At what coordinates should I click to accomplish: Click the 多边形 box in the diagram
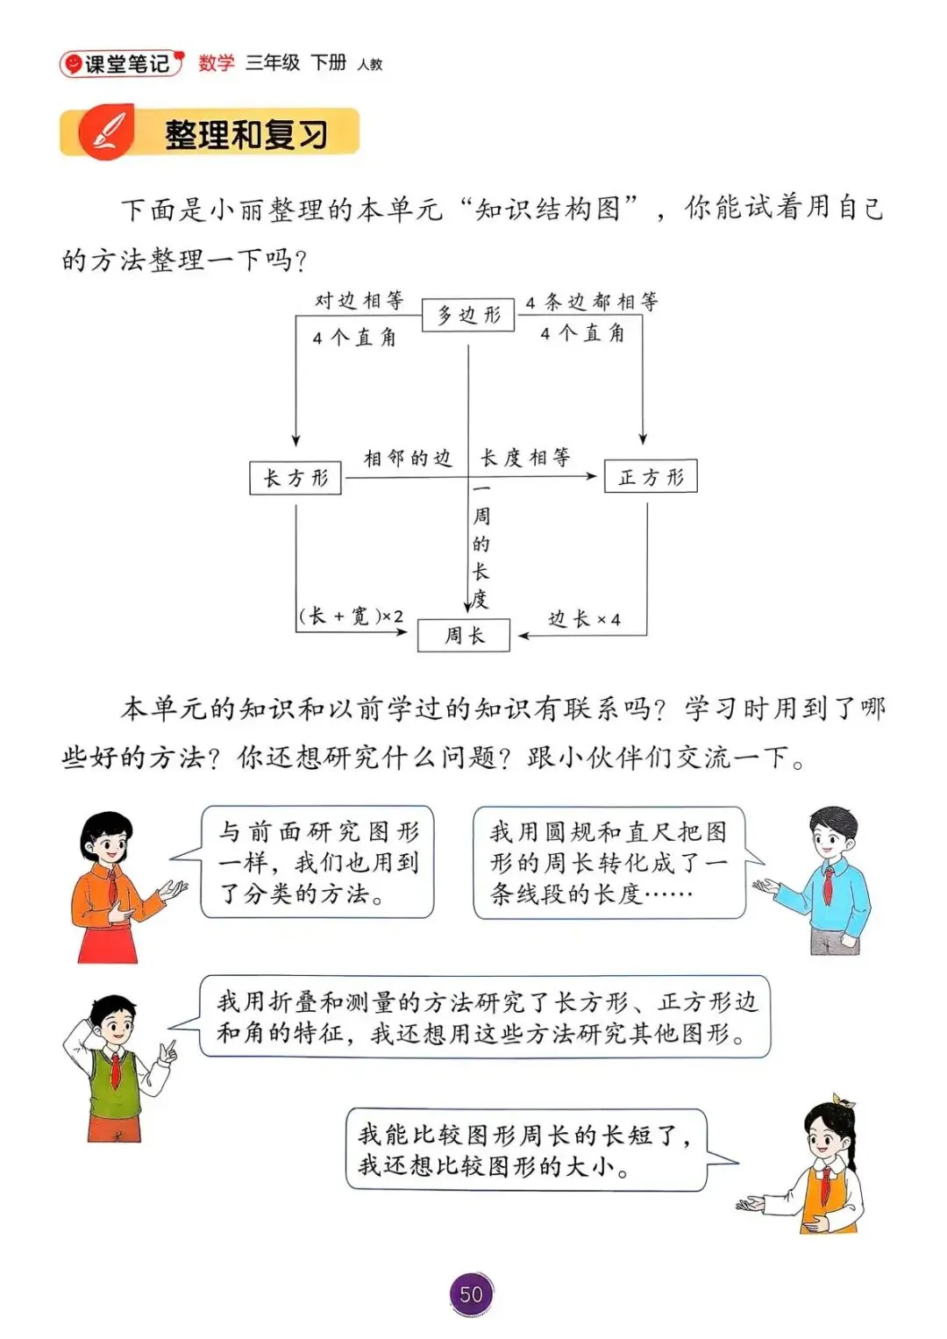(x=468, y=315)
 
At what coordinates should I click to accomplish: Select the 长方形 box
(x=295, y=478)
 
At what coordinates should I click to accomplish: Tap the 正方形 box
(x=651, y=476)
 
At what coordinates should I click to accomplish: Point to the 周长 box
(x=464, y=635)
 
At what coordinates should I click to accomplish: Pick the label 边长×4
(x=584, y=619)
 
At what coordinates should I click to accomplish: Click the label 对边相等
(x=360, y=301)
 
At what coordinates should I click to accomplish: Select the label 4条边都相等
(x=591, y=303)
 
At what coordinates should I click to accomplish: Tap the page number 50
(x=471, y=1294)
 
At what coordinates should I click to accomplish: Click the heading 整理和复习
(x=246, y=134)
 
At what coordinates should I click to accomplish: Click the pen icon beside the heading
(x=106, y=132)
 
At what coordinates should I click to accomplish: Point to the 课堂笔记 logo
(x=122, y=63)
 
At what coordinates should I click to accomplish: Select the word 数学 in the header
(x=217, y=63)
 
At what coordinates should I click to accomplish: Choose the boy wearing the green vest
(x=116, y=1065)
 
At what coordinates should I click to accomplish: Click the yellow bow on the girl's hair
(x=844, y=1100)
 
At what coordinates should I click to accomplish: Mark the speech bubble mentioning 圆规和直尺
(x=609, y=863)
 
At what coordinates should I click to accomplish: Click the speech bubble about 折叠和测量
(x=485, y=1017)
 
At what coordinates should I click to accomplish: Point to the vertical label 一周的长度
(x=481, y=545)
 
